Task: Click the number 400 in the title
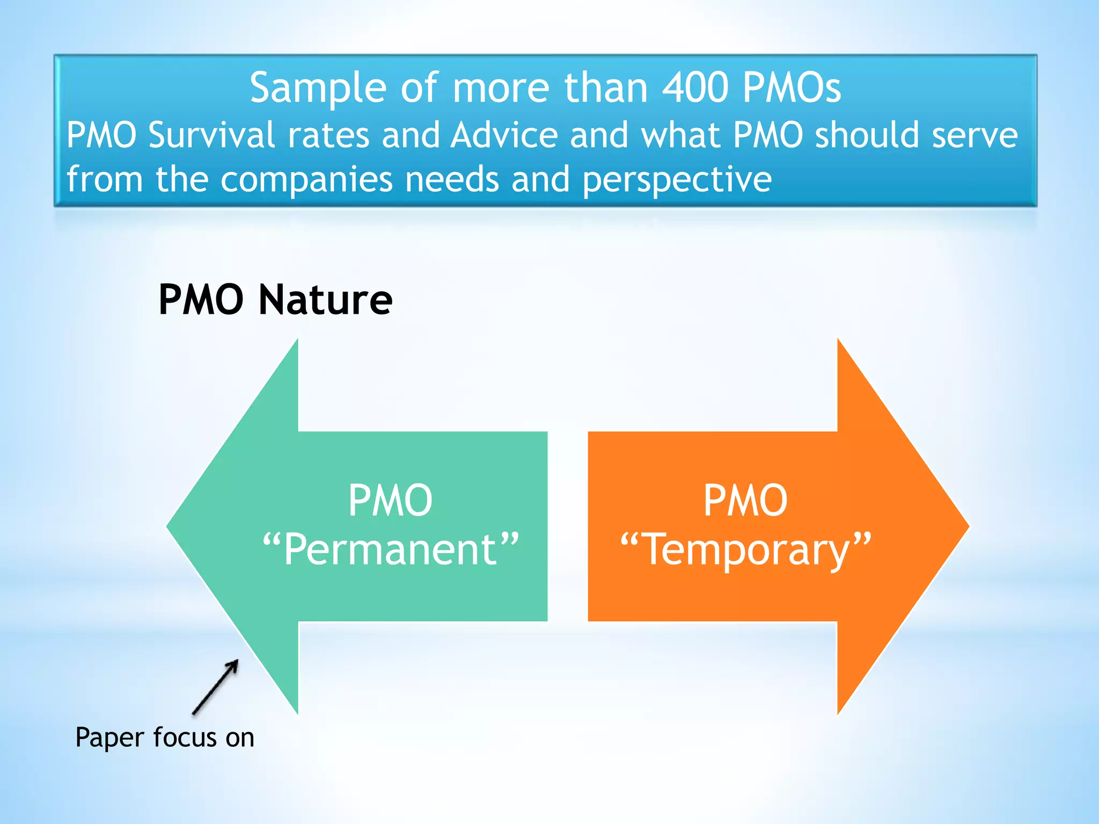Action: pyautogui.click(x=695, y=88)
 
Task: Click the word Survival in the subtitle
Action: pyautogui.click(x=211, y=135)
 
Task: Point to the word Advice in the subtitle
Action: pyautogui.click(x=504, y=135)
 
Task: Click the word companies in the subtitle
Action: pyautogui.click(x=306, y=179)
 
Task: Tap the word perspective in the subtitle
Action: pyautogui.click(x=677, y=180)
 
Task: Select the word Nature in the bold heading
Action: pyautogui.click(x=325, y=300)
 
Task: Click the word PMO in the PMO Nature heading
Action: pyautogui.click(x=201, y=300)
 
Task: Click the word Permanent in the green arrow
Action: pyautogui.click(x=391, y=549)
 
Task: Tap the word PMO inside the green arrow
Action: pyautogui.click(x=390, y=501)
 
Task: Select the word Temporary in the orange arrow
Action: pyautogui.click(x=745, y=549)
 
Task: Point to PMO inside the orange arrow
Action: pyautogui.click(x=745, y=501)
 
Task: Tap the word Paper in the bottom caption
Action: pyautogui.click(x=110, y=738)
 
